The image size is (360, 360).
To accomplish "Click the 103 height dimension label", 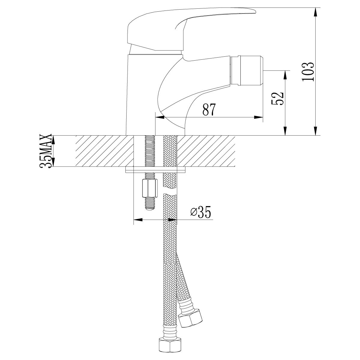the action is [x=308, y=71].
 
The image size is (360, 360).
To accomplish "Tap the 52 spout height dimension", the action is [x=277, y=98].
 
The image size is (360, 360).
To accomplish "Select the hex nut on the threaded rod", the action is [x=150, y=189].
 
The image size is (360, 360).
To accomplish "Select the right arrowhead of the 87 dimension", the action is [x=258, y=117].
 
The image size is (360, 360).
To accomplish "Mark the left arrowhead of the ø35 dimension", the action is [x=138, y=220].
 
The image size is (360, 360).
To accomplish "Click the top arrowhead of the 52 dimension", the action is [x=285, y=75].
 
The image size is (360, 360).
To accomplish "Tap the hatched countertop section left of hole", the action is [x=105, y=151].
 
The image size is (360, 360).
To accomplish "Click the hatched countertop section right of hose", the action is [x=206, y=151].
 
